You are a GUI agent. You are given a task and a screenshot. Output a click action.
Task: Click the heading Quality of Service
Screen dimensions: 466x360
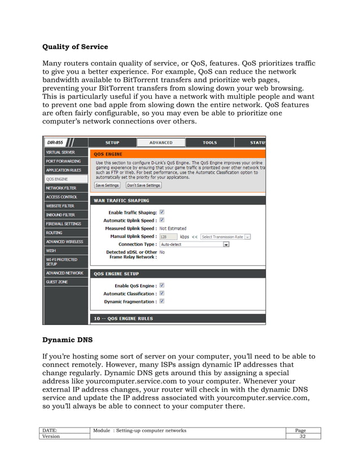point(75,46)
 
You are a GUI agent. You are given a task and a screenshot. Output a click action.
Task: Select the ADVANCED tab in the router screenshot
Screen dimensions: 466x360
point(161,143)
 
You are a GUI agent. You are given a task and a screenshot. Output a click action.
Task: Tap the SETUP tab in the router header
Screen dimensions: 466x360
point(112,143)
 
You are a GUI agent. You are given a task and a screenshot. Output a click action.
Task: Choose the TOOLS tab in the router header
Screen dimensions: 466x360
point(209,143)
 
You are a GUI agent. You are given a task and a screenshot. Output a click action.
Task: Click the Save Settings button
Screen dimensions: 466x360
point(107,185)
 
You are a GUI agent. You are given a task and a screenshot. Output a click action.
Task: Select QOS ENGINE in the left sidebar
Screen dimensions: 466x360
point(57,179)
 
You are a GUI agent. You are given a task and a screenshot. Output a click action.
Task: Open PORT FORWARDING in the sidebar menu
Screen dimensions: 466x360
point(63,161)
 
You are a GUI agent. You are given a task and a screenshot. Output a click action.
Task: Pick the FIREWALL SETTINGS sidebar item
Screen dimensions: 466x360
point(63,223)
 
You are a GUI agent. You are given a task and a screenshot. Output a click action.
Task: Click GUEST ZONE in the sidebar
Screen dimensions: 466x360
point(57,282)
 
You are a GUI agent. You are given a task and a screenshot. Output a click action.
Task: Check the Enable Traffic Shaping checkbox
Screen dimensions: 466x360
point(162,212)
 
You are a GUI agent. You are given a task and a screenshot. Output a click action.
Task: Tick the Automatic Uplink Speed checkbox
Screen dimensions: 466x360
point(162,220)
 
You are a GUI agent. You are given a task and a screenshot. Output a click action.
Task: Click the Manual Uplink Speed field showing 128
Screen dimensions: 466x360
point(168,237)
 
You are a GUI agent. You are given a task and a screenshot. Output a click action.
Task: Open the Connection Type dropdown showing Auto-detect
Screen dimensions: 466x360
point(194,245)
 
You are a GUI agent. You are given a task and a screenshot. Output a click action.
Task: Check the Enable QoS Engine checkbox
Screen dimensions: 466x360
point(162,285)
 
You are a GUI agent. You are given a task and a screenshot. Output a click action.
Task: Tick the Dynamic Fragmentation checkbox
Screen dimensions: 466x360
point(162,301)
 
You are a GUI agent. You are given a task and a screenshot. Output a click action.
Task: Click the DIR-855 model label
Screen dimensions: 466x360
point(55,143)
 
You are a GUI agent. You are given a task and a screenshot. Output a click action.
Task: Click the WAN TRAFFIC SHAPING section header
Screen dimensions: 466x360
point(121,200)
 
